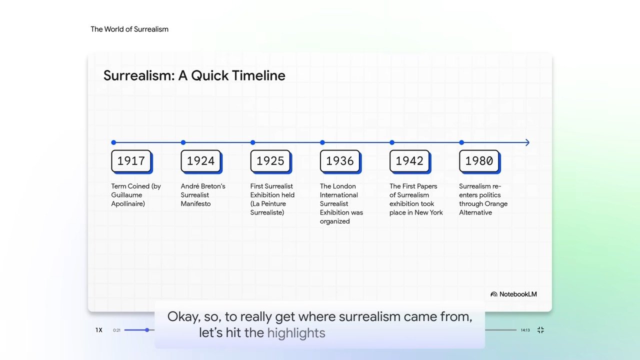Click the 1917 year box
(132, 161)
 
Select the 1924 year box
(201, 161)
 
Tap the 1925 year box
(271, 161)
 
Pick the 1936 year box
(340, 161)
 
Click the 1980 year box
(479, 161)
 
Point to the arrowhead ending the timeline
(527, 142)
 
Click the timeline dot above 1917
(113, 142)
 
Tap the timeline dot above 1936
(322, 142)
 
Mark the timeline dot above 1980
(461, 142)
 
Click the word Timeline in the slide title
(258, 75)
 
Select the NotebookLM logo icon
(493, 294)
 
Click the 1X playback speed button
(99, 330)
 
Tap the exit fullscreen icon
(540, 330)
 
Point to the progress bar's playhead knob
(147, 330)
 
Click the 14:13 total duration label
(525, 330)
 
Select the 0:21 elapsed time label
(116, 330)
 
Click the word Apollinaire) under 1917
(128, 204)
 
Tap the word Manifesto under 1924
(195, 203)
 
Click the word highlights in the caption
(296, 333)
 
